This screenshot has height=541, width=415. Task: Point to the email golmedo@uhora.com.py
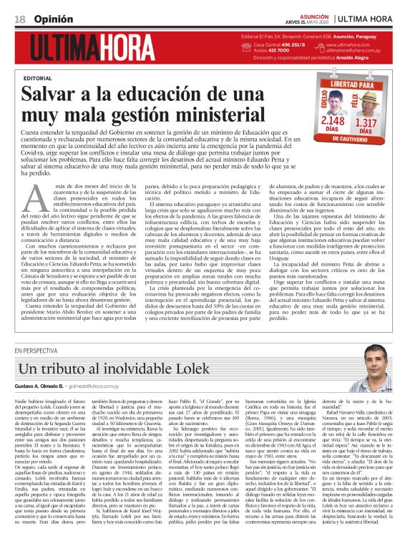pos(105,386)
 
